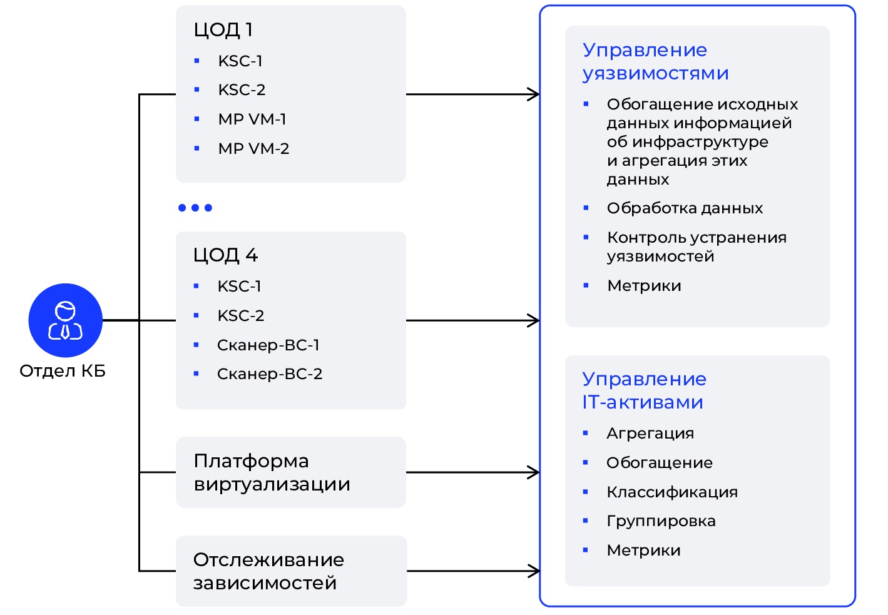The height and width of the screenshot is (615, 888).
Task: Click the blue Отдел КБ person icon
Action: pos(65,320)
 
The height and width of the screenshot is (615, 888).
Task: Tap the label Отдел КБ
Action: pos(63,371)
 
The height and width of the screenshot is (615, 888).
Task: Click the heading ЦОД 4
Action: pos(225,255)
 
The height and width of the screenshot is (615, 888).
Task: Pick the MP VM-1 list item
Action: pos(252,119)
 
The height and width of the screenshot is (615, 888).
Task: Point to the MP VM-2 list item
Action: pos(253,148)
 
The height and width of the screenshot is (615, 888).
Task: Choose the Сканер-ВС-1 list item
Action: pos(268,345)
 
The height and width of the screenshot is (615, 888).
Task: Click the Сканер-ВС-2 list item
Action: pos(270,374)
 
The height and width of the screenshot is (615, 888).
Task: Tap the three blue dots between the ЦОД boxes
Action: pos(195,208)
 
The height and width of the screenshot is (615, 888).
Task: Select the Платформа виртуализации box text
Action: pos(272,472)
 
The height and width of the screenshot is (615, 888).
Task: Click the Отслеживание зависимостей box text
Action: pos(268,571)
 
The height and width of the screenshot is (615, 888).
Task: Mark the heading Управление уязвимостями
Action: pos(655,61)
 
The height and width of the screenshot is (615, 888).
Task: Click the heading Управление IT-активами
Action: pos(644,390)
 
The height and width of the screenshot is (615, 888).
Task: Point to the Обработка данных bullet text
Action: pos(685,208)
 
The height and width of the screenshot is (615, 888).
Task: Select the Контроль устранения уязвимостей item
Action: pos(697,247)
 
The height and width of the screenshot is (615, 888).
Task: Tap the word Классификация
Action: pos(672,492)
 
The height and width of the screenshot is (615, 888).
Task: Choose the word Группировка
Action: pos(661,521)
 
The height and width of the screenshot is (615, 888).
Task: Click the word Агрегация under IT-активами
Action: pos(650,433)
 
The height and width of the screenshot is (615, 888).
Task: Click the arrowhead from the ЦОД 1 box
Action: pos(534,94)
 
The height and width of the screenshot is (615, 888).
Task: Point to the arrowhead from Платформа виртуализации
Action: pos(534,472)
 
